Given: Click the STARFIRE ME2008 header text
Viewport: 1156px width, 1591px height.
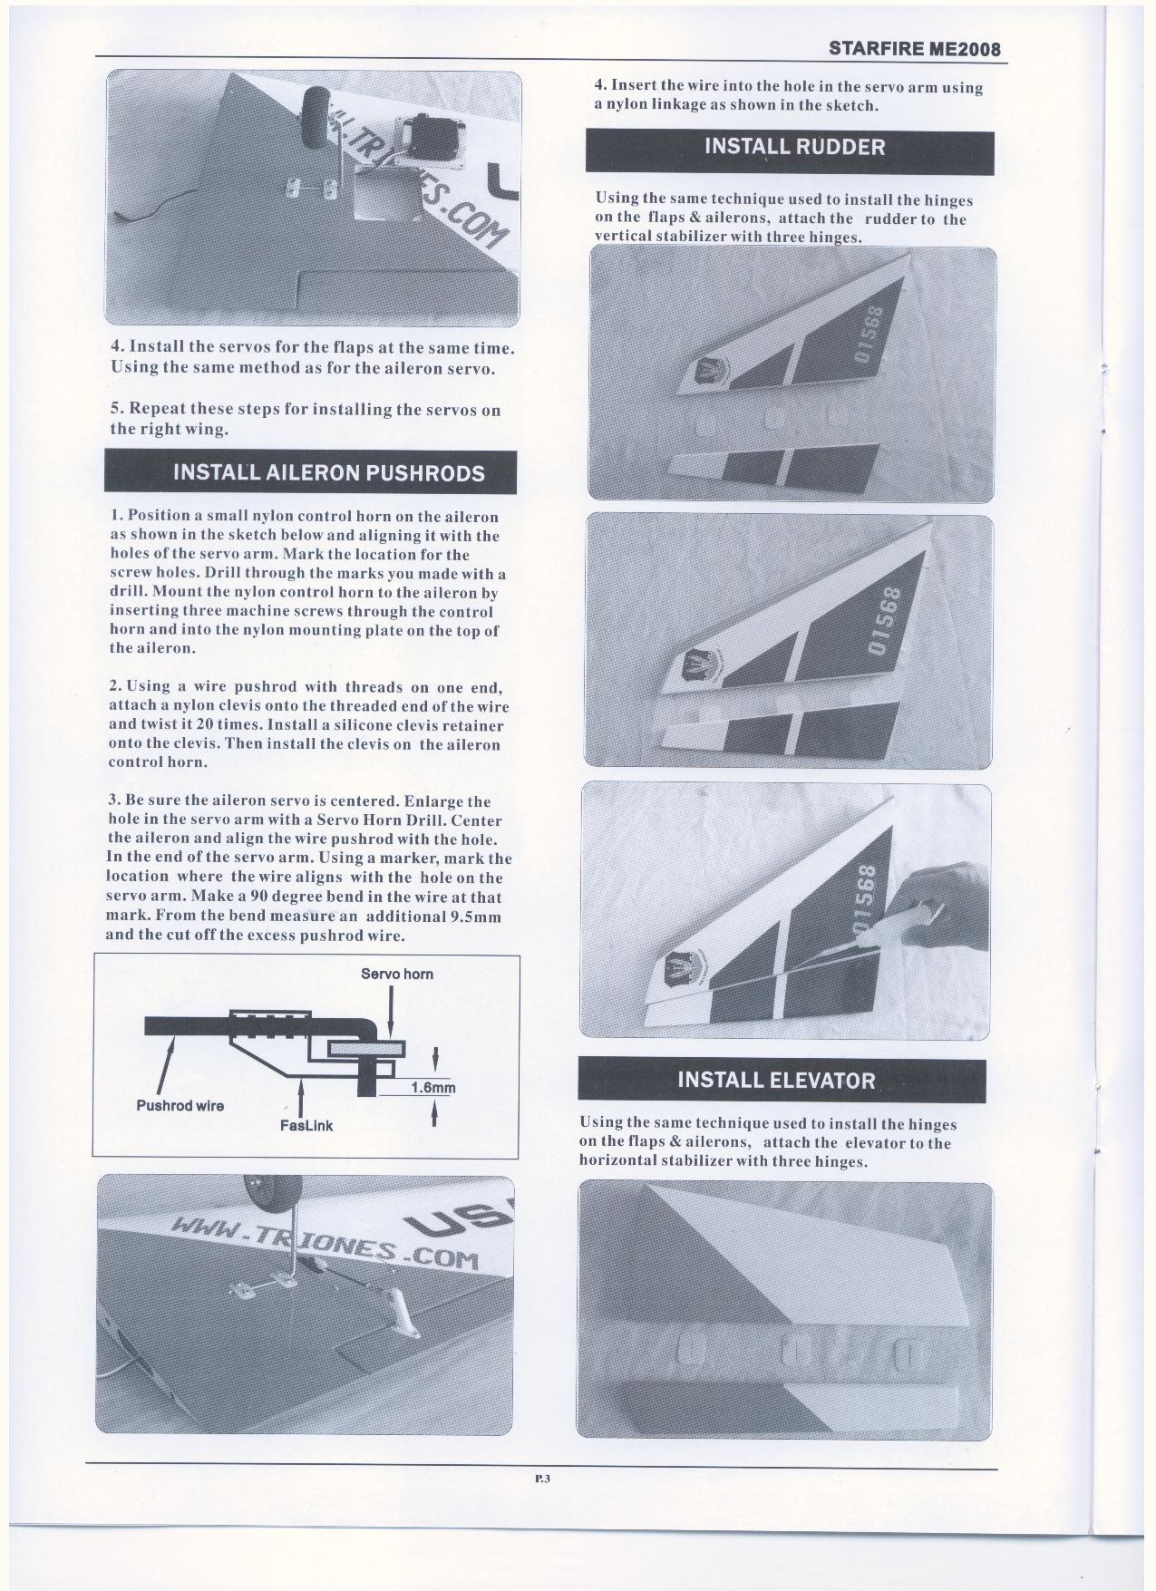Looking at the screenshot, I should (915, 49).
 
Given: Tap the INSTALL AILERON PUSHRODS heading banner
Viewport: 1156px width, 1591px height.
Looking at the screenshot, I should (310, 472).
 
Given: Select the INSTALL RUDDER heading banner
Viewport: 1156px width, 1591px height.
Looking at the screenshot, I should (789, 147).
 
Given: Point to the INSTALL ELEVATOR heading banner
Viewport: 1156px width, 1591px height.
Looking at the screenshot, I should (781, 1081).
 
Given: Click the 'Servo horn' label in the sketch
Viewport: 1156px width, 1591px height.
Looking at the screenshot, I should (396, 975).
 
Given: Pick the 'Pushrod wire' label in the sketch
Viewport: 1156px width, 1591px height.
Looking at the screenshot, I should (180, 1106).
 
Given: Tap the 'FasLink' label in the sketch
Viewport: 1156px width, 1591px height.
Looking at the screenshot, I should (306, 1126).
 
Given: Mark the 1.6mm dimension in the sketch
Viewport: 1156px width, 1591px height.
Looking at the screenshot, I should (432, 1088).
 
